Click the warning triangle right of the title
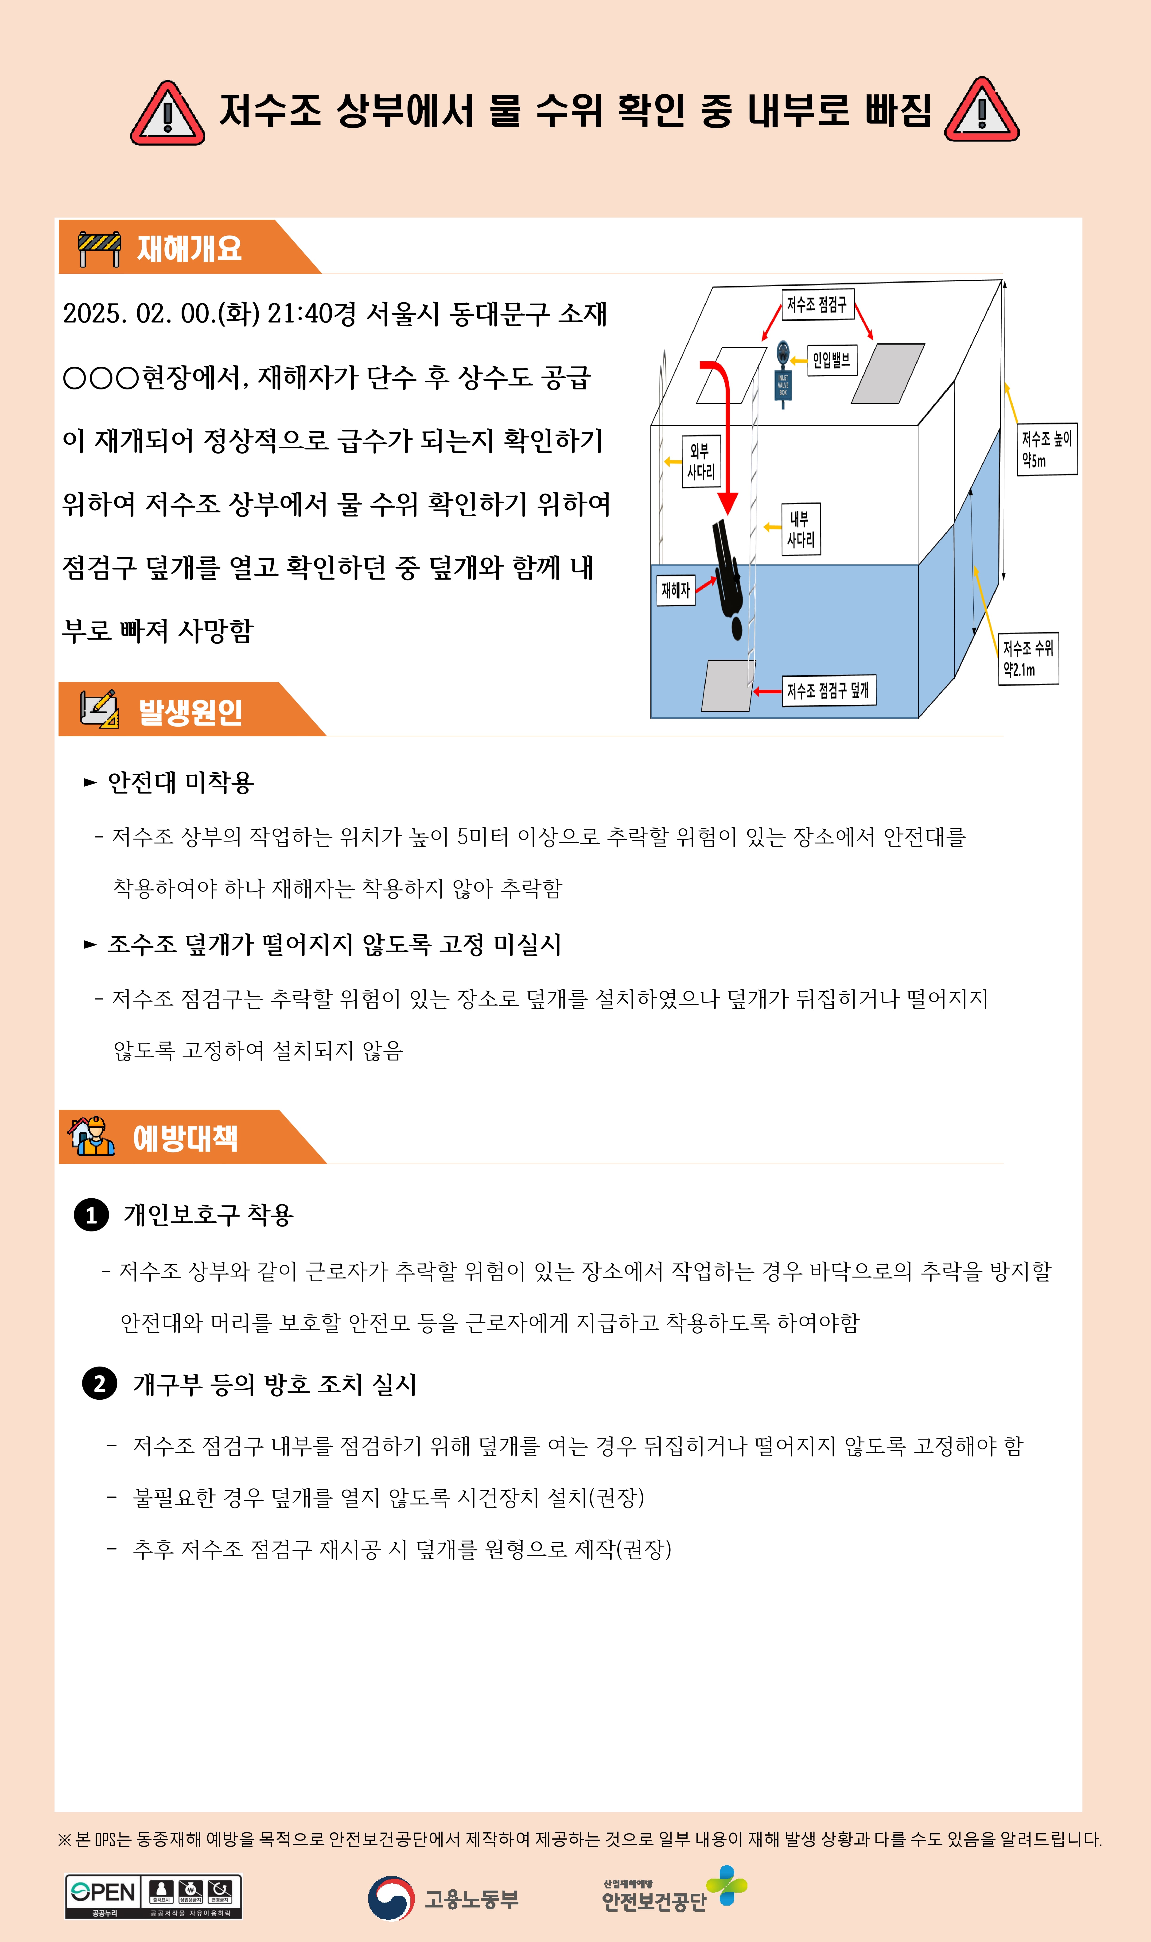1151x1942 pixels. (982, 111)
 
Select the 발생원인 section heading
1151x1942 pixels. (191, 711)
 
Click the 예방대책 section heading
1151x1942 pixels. (185, 1138)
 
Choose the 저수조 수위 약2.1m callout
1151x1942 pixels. (1028, 658)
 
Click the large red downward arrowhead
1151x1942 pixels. (727, 503)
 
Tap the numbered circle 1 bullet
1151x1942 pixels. (92, 1215)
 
